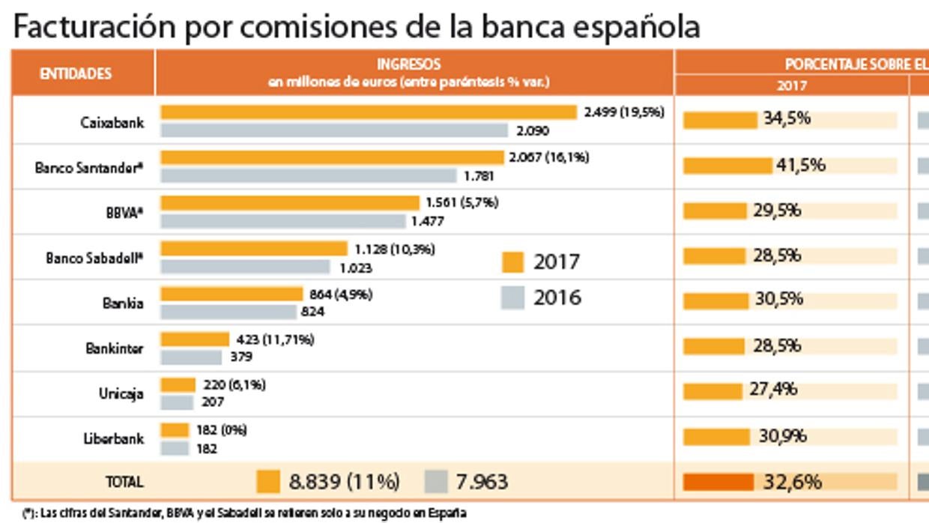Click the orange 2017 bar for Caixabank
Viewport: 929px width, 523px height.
coord(369,112)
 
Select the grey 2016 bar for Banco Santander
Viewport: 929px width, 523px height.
coord(309,176)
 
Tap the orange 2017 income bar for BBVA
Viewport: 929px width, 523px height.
coord(290,203)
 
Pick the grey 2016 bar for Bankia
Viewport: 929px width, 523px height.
coord(229,312)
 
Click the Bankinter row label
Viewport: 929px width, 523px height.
coord(114,348)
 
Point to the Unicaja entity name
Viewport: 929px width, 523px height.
coord(121,393)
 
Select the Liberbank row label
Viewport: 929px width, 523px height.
coord(113,438)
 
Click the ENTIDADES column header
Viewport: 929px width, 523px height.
coord(76,73)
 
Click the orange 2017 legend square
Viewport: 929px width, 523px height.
coord(512,262)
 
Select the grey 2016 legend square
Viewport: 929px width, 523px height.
coord(512,297)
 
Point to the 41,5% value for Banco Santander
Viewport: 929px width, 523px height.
coord(800,165)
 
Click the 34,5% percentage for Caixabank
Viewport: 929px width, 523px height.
coord(787,118)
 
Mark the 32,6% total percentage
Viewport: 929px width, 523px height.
coord(792,482)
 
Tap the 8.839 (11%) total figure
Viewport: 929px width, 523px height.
coord(344,482)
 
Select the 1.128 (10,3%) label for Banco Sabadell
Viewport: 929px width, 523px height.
coord(394,249)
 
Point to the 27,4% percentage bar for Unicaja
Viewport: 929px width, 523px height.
coord(712,391)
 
